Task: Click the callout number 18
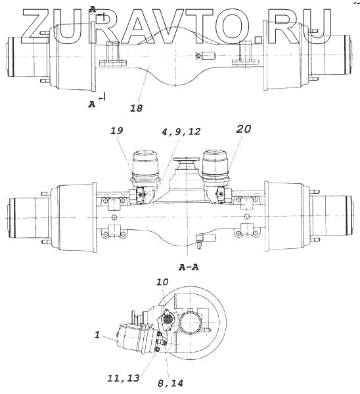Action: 136,108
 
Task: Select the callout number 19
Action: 117,131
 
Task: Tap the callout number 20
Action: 243,129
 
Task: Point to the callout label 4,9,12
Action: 181,131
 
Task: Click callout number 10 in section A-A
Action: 162,282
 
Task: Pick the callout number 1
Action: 97,335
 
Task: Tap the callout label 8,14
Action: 170,383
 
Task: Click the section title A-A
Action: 189,267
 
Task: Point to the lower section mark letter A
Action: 92,104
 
